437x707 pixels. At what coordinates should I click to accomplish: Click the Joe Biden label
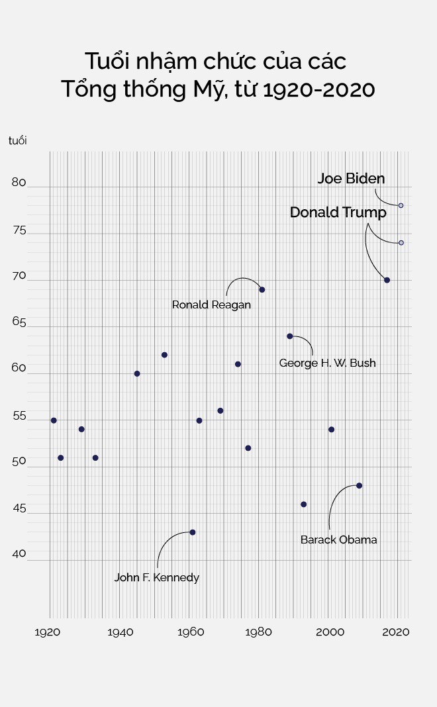pos(351,179)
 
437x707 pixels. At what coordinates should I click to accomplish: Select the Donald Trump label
pos(338,212)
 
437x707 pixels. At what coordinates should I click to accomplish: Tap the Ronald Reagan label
pos(211,305)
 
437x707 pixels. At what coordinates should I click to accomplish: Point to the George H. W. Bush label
pos(327,363)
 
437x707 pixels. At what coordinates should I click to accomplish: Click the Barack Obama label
pos(338,540)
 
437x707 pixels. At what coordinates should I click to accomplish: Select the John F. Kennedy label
pos(156,577)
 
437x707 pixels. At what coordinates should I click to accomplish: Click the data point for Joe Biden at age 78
pos(401,205)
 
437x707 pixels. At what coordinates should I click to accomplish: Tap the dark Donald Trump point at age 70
pos(387,280)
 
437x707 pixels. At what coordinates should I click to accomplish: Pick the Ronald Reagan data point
pos(262,289)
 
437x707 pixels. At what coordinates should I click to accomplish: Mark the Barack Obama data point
pos(360,485)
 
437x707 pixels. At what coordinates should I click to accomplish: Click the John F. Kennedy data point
pos(193,532)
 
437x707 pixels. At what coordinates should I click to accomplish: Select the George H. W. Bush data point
pos(290,336)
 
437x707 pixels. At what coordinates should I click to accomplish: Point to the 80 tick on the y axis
pos(19,183)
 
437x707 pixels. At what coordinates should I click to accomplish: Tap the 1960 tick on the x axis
pos(190,632)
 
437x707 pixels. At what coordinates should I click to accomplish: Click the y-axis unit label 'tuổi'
pos(18,140)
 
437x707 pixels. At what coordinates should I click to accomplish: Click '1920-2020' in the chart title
pos(318,89)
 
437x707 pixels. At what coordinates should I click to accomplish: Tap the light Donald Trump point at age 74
pos(401,243)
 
